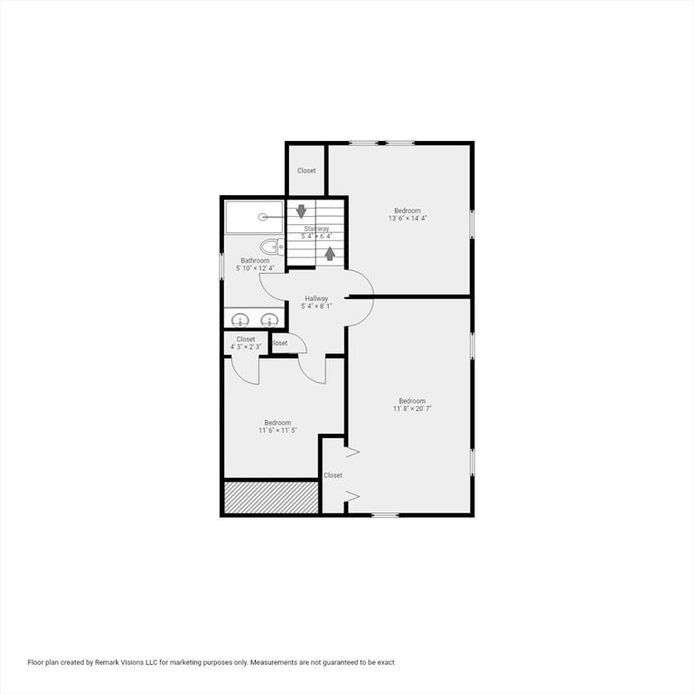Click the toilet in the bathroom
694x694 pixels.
pyautogui.click(x=271, y=246)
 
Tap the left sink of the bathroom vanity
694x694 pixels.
pyautogui.click(x=241, y=319)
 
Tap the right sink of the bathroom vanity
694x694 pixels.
pyautogui.click(x=269, y=319)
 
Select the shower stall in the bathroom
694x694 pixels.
pyautogui.click(x=254, y=217)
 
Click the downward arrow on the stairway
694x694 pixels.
pyautogui.click(x=302, y=211)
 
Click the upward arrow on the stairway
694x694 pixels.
pyautogui.click(x=330, y=253)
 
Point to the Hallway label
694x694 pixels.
pyautogui.click(x=316, y=298)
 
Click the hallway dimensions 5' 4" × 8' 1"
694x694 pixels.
pyautogui.click(x=316, y=306)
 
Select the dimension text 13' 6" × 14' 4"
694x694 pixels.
pyautogui.click(x=408, y=218)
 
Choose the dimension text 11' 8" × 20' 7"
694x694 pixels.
pyautogui.click(x=412, y=408)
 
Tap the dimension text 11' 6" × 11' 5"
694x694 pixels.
pyautogui.click(x=277, y=430)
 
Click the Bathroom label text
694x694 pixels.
pyautogui.click(x=255, y=260)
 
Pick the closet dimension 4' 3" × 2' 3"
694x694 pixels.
pyautogui.click(x=246, y=347)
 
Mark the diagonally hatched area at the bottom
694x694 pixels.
pyautogui.click(x=271, y=498)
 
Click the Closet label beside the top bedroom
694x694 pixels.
pyautogui.click(x=306, y=170)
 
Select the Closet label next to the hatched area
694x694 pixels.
pyautogui.click(x=333, y=475)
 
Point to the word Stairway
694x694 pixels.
pyautogui.click(x=316, y=229)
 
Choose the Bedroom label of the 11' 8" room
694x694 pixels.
pyautogui.click(x=412, y=400)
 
